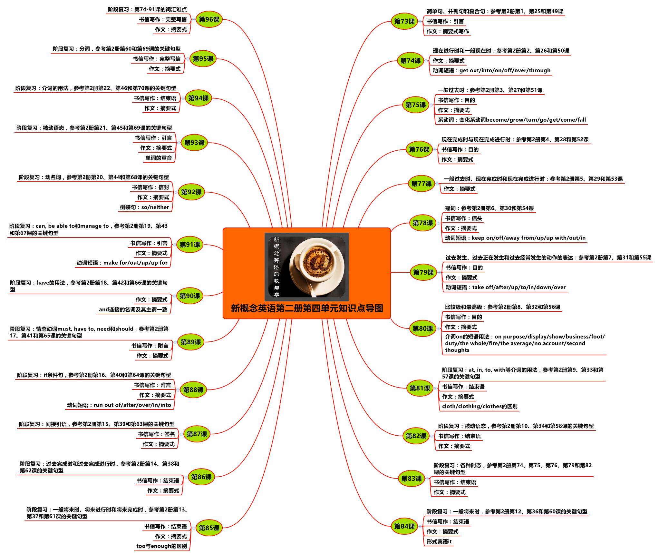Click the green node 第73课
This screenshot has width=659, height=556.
pyautogui.click(x=404, y=21)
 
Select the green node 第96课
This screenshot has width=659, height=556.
pyautogui.click(x=209, y=19)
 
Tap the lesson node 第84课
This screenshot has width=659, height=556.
pyautogui.click(x=404, y=526)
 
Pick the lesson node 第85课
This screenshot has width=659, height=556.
pyautogui.click(x=209, y=528)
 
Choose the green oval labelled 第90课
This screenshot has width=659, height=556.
pyautogui.click(x=190, y=296)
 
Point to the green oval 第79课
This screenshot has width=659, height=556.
pyautogui.click(x=423, y=272)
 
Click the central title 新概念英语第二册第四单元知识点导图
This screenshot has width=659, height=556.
pyautogui.click(x=307, y=308)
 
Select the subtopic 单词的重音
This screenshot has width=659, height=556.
pyautogui.click(x=159, y=158)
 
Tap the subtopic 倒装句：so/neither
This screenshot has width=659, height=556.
pyautogui.click(x=144, y=207)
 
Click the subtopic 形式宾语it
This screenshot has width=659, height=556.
pyautogui.click(x=439, y=541)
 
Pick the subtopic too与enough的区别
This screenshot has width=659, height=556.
pyautogui.click(x=161, y=546)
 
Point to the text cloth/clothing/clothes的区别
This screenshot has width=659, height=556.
pyautogui.click(x=480, y=406)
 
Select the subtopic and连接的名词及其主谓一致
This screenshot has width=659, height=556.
pyautogui.click(x=133, y=309)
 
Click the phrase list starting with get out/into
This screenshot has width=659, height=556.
pyautogui.click(x=505, y=70)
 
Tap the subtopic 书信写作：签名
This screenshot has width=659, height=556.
pyautogui.click(x=156, y=434)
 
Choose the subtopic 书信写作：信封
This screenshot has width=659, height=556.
pyautogui.click(x=150, y=187)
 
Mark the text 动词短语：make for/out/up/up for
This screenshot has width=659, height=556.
pyautogui.click(x=122, y=263)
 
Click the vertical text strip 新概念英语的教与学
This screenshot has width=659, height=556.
pyautogui.click(x=276, y=267)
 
